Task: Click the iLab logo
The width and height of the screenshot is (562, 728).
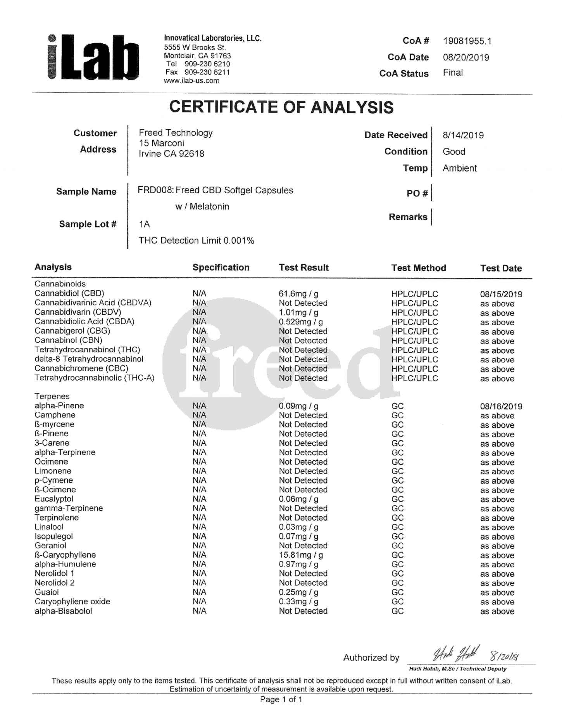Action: click(x=93, y=57)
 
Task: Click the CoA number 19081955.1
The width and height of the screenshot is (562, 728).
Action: click(x=467, y=41)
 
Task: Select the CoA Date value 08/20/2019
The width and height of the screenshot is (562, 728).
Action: click(x=466, y=57)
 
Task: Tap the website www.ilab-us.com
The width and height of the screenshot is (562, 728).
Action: click(x=191, y=81)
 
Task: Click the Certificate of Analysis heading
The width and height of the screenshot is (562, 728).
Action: click(x=281, y=107)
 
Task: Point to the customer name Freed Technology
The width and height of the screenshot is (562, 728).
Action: click(x=176, y=133)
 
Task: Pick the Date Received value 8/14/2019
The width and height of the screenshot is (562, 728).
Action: click(x=463, y=135)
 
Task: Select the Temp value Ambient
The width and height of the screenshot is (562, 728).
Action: click(x=460, y=168)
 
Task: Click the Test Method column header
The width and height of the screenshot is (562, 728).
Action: click(x=419, y=268)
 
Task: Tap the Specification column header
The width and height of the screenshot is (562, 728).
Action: click(x=221, y=267)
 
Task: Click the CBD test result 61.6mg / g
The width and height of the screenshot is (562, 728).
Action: click(x=298, y=294)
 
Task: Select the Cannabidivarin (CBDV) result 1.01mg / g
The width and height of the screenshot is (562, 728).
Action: click(x=298, y=312)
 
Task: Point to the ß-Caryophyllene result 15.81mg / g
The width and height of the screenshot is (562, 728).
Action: click(x=301, y=555)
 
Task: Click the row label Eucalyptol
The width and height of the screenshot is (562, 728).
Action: click(x=54, y=499)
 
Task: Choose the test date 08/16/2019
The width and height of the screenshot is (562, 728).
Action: click(x=501, y=406)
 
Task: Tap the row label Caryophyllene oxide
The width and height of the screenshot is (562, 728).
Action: click(x=72, y=601)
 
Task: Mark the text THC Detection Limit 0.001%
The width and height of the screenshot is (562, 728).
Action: click(x=197, y=241)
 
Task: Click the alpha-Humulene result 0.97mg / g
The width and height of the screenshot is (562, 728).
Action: click(x=298, y=564)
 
